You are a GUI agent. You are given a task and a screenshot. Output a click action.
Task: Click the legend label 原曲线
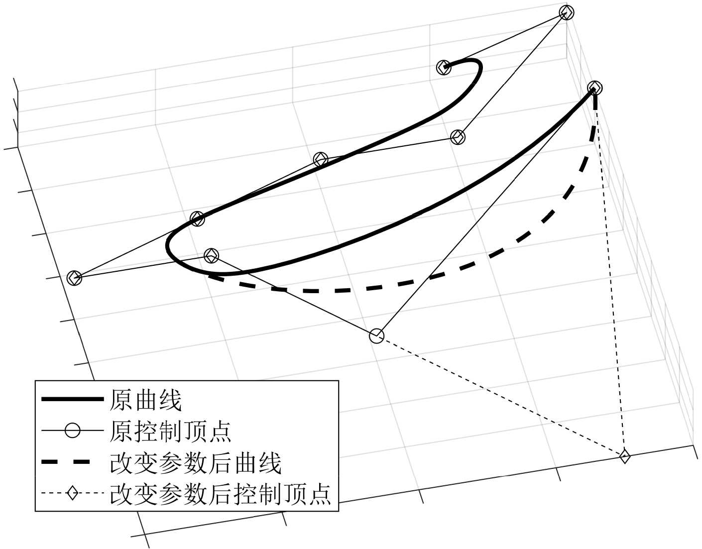[x=145, y=400]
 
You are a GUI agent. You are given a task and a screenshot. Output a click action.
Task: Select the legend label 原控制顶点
[x=170, y=431]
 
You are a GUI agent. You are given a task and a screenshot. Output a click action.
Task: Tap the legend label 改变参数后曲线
[x=195, y=463]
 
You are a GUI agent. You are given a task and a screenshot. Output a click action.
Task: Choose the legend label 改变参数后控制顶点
[x=220, y=494]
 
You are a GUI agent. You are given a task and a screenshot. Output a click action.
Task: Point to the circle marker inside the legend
[x=73, y=431]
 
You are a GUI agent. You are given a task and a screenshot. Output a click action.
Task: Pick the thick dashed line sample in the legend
[x=72, y=462]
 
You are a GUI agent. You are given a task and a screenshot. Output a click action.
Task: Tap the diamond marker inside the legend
[x=73, y=494]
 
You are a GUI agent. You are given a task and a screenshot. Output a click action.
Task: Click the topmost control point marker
[x=567, y=12]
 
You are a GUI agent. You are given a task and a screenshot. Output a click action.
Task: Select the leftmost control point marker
[x=74, y=278]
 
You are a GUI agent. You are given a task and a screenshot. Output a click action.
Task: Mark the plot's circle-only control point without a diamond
[x=377, y=336]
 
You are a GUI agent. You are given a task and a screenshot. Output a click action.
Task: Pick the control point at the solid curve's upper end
[x=443, y=67]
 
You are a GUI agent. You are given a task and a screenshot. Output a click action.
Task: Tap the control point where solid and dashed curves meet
[x=594, y=89]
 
